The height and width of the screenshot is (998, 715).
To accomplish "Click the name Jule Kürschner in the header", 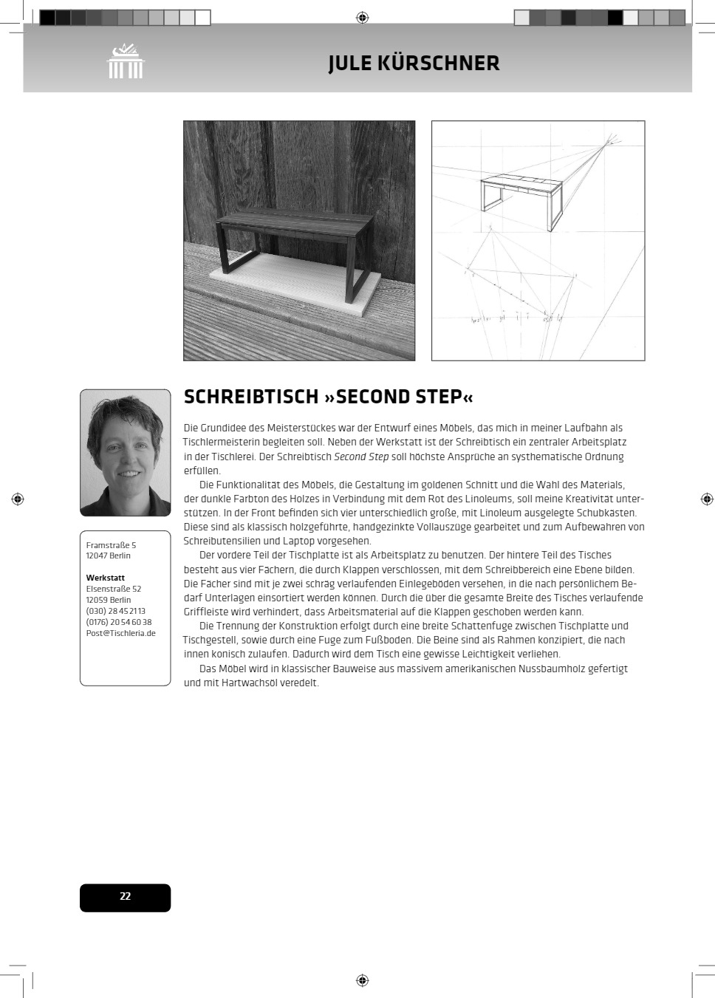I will click(x=414, y=64).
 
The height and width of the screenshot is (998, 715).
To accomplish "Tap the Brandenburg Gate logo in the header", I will click(x=126, y=61).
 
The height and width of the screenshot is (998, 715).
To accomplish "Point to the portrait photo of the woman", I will click(x=125, y=452).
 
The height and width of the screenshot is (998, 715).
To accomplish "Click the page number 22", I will click(x=125, y=896).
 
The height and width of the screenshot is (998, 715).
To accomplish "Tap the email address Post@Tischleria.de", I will click(x=120, y=633).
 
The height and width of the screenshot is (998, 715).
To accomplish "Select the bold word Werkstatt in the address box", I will click(x=105, y=578).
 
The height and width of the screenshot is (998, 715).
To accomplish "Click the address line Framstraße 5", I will click(x=111, y=545).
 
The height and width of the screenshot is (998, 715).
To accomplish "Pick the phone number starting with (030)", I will click(x=115, y=611).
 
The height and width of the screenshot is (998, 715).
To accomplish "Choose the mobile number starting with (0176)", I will click(x=118, y=622).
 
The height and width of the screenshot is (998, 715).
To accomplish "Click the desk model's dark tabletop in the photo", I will click(x=295, y=222).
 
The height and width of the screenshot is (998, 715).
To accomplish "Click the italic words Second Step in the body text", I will click(x=361, y=457).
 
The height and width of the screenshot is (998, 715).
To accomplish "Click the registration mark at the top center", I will click(x=362, y=18).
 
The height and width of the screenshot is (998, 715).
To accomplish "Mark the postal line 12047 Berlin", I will click(x=108, y=556).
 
